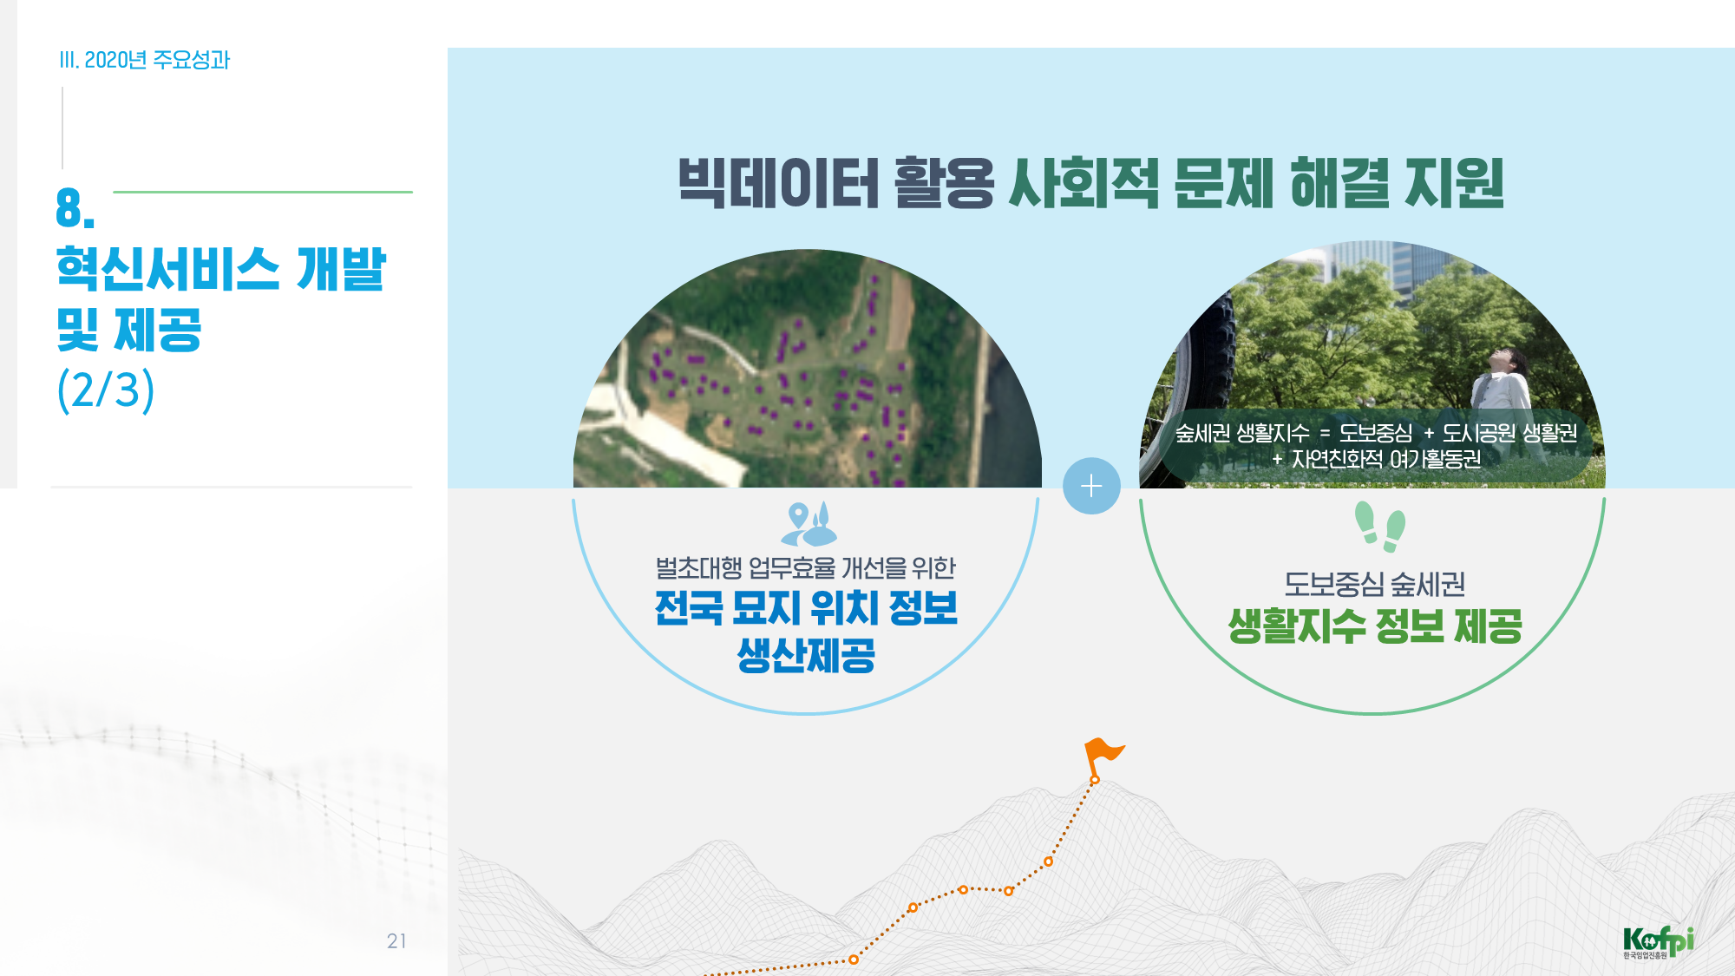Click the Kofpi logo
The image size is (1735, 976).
pos(1658,942)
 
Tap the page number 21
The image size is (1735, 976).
pos(396,941)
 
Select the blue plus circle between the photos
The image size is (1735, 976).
pos(1091,486)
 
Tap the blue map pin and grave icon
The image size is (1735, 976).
pos(809,524)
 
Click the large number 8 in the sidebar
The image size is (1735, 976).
pos(75,208)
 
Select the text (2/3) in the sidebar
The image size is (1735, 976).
pos(106,390)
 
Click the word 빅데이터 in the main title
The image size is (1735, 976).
pos(778,183)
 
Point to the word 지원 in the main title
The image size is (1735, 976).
pos(1454,183)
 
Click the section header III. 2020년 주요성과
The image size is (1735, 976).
pos(144,60)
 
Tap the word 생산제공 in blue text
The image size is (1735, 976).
pos(806,655)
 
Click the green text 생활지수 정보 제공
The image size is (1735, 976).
pos(1375,626)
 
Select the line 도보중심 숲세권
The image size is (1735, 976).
pos(1375,584)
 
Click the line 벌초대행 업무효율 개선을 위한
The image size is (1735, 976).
pos(806,568)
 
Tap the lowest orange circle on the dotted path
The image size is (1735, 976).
pos(854,960)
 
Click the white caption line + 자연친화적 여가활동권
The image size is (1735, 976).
pos(1377,459)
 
